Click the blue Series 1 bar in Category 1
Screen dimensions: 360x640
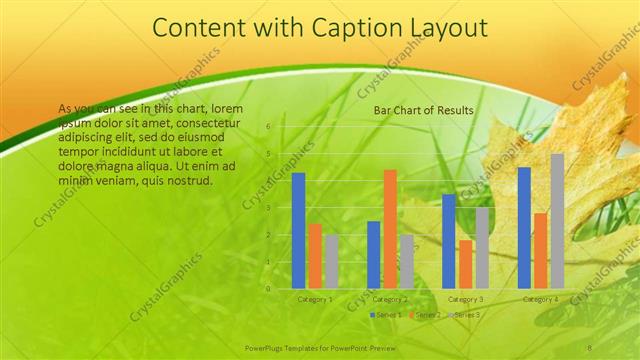[298, 230]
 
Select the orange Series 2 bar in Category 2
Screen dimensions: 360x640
[390, 229]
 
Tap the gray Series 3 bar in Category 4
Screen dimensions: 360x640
[557, 221]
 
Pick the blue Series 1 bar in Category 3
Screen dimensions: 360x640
[449, 241]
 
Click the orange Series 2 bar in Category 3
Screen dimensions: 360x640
[465, 264]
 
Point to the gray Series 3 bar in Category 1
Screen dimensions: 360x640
[331, 262]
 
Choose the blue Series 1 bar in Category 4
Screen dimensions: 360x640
[524, 227]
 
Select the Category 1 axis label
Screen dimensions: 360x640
[315, 299]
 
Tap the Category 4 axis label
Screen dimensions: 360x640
[541, 299]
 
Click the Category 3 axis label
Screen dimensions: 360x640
[465, 299]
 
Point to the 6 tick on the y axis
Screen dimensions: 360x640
[269, 127]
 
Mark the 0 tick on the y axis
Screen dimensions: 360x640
[269, 289]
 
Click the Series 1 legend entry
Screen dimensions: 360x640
[387, 315]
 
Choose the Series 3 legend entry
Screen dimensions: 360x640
[463, 315]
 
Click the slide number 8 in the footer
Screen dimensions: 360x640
[589, 345]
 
